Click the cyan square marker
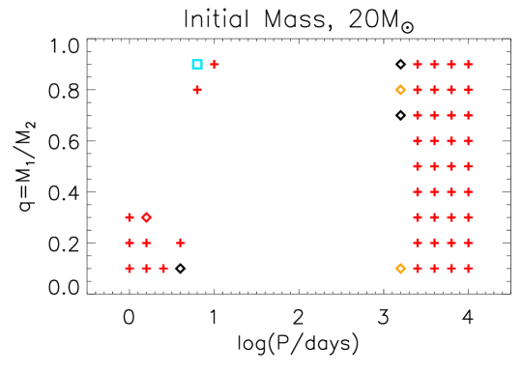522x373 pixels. pos(197,65)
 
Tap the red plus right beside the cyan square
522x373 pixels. pos(215,65)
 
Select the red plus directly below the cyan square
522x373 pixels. pos(197,90)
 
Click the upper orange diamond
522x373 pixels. pos(400,90)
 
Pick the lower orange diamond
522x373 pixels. pos(400,269)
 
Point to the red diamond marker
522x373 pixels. pos(146,217)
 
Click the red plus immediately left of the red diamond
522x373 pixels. pos(130,217)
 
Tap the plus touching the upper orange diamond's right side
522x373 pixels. pos(418,90)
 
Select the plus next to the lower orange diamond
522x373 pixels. pos(418,269)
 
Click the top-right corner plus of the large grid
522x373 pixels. pos(468,65)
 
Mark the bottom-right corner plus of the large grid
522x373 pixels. pos(468,269)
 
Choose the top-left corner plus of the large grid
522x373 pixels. pos(418,65)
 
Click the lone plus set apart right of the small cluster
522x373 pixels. pos(181,243)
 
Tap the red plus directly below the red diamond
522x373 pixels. pos(146,243)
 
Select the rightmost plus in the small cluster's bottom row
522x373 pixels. pos(163,269)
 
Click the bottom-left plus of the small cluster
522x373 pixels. pos(130,269)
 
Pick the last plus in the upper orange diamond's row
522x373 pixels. pos(468,90)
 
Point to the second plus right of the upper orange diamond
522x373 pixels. pos(434,90)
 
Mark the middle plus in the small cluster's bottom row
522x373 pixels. pos(146,269)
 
